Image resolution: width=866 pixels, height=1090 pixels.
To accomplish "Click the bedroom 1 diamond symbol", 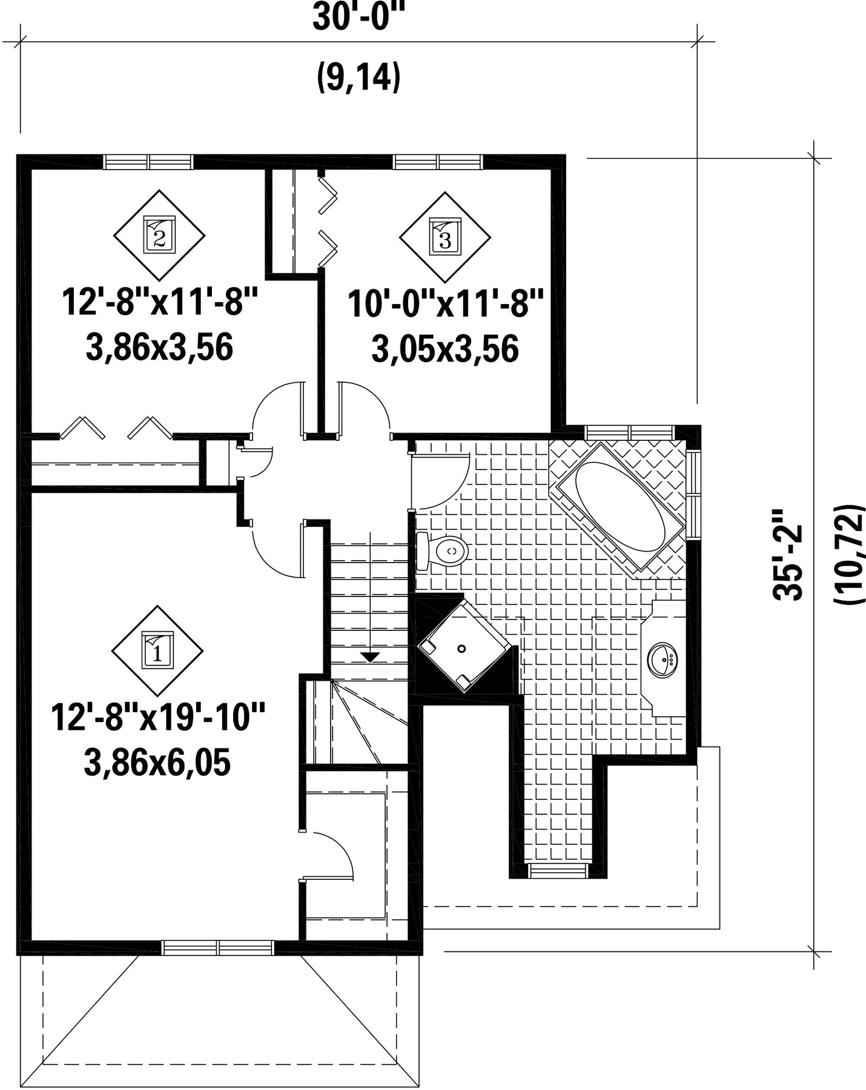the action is [157, 651].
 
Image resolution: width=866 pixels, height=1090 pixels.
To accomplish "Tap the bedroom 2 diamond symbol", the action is [159, 236].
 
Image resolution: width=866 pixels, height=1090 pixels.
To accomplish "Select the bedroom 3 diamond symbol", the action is [445, 237].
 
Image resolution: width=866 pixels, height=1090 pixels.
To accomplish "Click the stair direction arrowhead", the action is [369, 656].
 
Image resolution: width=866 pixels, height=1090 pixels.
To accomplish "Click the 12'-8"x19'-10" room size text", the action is [159, 717].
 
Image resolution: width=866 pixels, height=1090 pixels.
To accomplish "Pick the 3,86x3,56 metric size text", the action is [160, 348].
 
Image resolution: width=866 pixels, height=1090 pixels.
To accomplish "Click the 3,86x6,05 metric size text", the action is [157, 764].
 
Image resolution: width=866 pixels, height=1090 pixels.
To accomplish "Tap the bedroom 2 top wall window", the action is [148, 162].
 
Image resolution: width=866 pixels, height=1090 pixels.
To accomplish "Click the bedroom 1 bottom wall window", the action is [218, 948].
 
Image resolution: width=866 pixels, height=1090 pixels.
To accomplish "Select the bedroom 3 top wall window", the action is [438, 162].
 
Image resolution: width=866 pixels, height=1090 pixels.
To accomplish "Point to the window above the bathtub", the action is [630, 432].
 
